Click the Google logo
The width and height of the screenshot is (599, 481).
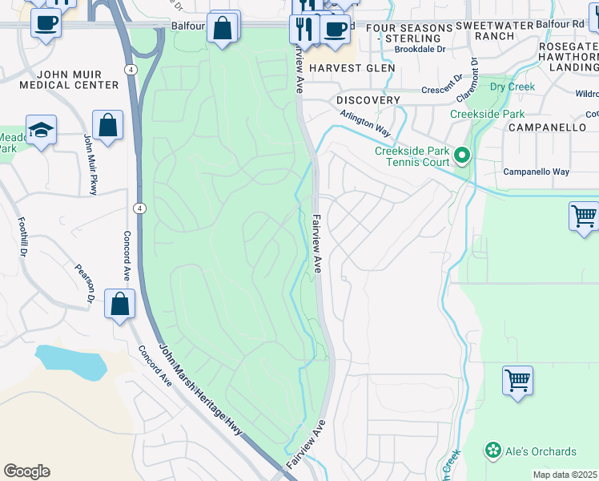[26, 471]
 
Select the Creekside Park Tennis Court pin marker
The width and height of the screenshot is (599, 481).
[461, 154]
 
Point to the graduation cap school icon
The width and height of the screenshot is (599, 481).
[41, 131]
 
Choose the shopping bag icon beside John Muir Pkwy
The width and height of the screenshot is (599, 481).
[107, 126]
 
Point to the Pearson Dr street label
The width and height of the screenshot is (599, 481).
[85, 284]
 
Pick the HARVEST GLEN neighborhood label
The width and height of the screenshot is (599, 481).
[352, 68]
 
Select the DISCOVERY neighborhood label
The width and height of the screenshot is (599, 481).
[368, 100]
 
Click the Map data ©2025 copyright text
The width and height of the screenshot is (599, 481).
[565, 475]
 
